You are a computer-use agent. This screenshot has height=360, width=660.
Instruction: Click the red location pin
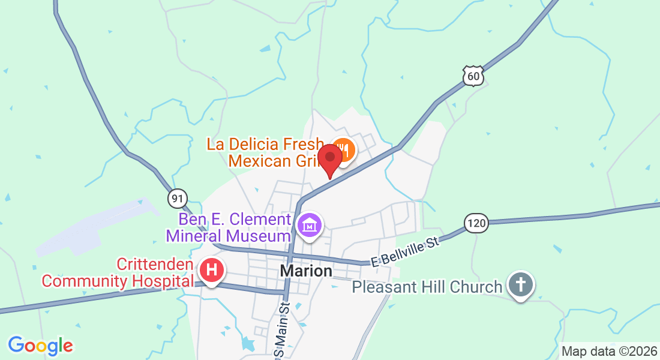pyautogui.click(x=329, y=157)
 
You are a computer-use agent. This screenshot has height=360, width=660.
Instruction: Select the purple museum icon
pyautogui.click(x=310, y=226)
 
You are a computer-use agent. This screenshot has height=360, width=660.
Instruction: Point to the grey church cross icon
pyautogui.click(x=520, y=284)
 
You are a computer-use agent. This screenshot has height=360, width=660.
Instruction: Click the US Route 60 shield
pyautogui.click(x=473, y=76)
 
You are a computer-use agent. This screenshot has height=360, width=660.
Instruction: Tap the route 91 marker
pyautogui.click(x=178, y=198)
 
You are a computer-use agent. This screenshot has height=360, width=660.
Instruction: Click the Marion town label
pyautogui.click(x=306, y=271)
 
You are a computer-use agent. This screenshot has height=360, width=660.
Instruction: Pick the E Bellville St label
pyautogui.click(x=406, y=252)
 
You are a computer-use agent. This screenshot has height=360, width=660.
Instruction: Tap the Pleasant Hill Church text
pyautogui.click(x=427, y=287)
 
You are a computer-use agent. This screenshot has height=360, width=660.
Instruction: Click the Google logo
pyautogui.click(x=40, y=346)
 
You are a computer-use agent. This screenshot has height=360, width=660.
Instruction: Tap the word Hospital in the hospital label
pyautogui.click(x=165, y=280)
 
